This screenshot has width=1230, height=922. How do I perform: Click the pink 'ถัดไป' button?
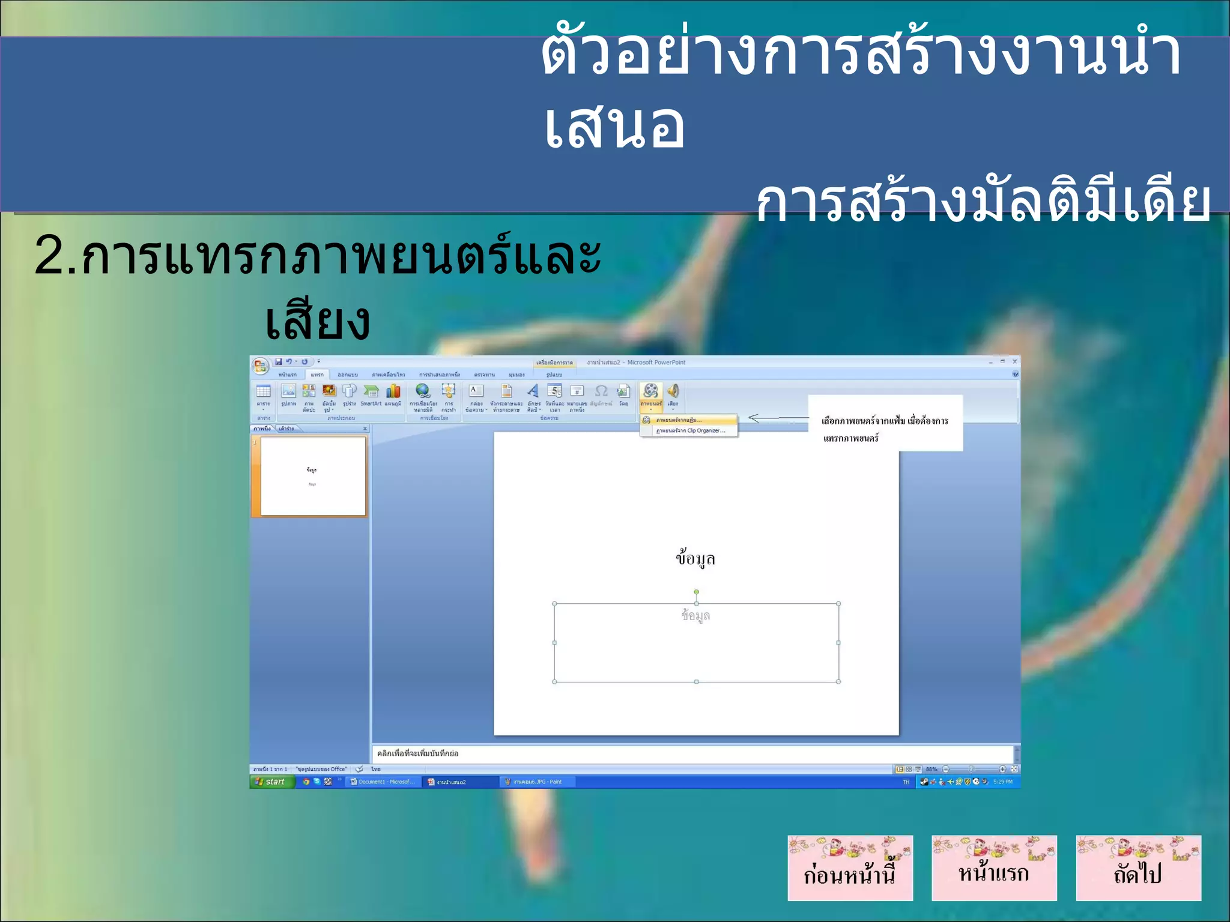[x=1138, y=868]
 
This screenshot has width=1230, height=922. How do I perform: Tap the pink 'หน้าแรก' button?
[x=994, y=868]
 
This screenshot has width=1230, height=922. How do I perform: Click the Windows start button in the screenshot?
[x=272, y=782]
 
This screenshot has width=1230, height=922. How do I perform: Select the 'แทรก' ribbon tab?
[x=317, y=375]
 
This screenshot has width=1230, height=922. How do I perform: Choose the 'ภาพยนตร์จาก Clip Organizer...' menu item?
[x=690, y=430]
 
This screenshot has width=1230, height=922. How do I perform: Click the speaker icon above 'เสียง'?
[x=673, y=391]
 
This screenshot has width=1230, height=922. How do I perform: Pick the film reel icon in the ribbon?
[x=650, y=391]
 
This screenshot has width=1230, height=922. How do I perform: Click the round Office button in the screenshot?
[x=260, y=366]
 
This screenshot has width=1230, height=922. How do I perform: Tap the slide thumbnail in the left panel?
[x=313, y=476]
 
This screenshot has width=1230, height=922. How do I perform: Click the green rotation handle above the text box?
[x=696, y=592]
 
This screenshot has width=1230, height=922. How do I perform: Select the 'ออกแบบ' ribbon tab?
[x=348, y=375]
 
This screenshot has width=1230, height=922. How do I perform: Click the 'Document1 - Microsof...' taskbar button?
[x=383, y=782]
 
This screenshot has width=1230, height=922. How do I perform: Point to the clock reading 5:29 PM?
[x=1002, y=782]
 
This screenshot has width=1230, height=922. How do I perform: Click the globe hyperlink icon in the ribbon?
[x=423, y=391]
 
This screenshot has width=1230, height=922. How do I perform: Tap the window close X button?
[x=1014, y=361]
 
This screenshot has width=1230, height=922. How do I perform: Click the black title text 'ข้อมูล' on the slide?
[x=695, y=558]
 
